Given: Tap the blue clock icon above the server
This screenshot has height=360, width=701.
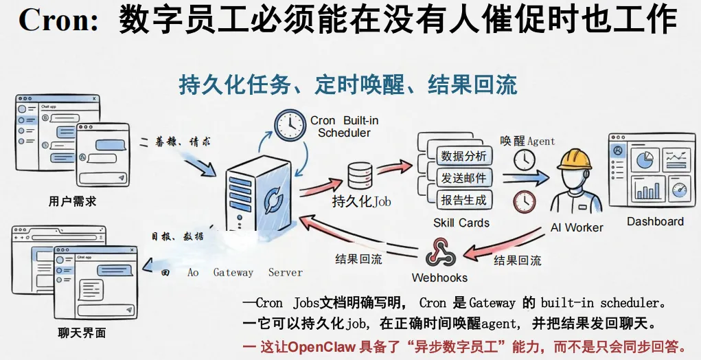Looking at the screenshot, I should click(290, 124).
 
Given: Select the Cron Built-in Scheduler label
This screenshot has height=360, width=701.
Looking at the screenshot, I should click(344, 126).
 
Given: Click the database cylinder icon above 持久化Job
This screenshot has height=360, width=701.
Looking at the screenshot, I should click(361, 176).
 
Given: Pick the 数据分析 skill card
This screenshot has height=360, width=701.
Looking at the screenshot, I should click(463, 156).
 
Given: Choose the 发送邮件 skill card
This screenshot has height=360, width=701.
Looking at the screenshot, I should click(463, 178).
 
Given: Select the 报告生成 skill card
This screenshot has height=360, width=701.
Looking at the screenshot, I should click(463, 200).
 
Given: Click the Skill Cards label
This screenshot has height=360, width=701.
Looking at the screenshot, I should click(461, 223).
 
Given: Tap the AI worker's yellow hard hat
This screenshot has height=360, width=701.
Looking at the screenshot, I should click(574, 159).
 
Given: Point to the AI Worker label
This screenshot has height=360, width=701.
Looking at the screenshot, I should click(577, 227).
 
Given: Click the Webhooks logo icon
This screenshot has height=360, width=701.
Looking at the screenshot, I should click(440, 252).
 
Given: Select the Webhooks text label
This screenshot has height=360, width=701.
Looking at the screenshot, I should click(439, 278).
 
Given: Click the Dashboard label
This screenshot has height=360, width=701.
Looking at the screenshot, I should click(655, 221).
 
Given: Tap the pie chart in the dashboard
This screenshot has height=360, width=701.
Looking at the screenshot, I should click(644, 160).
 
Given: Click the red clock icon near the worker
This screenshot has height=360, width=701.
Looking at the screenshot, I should click(525, 201).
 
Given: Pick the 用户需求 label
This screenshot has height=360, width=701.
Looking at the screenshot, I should click(72, 201).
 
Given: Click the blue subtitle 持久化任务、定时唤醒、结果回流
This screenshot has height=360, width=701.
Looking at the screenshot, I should click(347, 85).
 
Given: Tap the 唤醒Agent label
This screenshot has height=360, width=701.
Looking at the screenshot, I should click(527, 141).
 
